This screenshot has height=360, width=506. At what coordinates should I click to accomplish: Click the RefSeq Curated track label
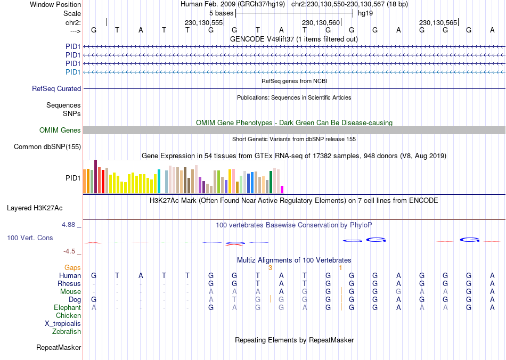(x=56, y=89)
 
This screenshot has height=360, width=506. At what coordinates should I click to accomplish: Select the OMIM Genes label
(x=60, y=130)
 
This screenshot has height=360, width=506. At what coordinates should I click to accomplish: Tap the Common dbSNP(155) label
(x=47, y=147)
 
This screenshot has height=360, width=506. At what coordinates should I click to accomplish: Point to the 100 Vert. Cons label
(x=30, y=238)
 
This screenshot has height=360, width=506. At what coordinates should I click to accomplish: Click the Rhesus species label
(x=69, y=284)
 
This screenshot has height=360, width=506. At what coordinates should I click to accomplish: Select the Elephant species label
(x=68, y=308)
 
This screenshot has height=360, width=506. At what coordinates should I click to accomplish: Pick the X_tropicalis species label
(x=63, y=324)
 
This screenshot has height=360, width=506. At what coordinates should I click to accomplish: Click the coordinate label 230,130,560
(x=321, y=23)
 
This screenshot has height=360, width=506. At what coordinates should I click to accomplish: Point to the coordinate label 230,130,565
(x=438, y=23)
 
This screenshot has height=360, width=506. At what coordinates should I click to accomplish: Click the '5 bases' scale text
(x=221, y=13)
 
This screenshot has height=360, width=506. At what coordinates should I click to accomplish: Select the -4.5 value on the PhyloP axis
(x=70, y=251)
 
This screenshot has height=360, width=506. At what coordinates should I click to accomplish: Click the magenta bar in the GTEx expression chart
(x=282, y=189)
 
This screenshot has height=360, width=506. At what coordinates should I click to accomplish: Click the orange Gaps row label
(x=72, y=268)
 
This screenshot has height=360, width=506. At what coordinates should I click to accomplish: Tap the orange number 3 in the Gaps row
(x=270, y=268)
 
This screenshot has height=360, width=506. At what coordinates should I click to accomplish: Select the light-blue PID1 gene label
(x=73, y=72)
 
